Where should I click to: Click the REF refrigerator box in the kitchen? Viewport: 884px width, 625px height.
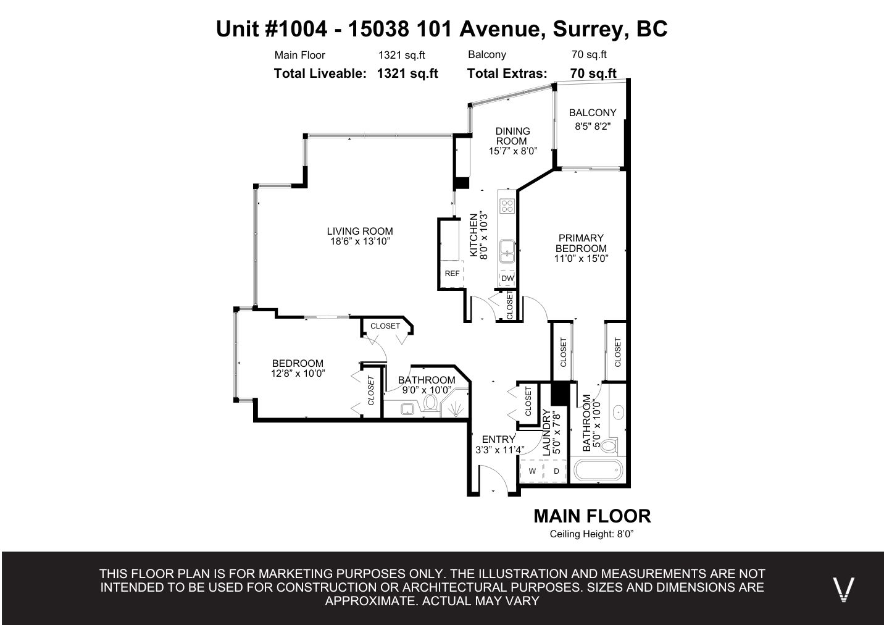(452, 273)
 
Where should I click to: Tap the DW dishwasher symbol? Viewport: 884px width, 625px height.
(507, 278)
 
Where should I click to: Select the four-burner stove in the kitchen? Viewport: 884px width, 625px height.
(507, 206)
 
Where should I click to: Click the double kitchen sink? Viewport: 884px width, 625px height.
(507, 251)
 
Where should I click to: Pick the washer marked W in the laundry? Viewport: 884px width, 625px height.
(532, 471)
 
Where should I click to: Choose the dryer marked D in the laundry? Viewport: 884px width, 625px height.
(556, 471)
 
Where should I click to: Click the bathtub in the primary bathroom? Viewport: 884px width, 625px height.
(598, 470)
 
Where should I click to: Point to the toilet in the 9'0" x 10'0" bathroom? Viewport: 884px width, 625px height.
(430, 403)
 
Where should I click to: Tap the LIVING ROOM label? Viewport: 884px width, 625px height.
(360, 231)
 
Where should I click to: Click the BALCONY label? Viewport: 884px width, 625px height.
(593, 112)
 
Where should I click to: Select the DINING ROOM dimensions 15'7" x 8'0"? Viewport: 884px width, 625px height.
(512, 151)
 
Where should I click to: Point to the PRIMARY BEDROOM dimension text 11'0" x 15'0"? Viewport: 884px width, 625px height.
(581, 258)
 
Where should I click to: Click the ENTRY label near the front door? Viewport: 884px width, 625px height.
(498, 439)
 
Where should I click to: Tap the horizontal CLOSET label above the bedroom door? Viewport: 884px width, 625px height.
(385, 325)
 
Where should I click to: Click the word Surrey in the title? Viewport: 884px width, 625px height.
(588, 28)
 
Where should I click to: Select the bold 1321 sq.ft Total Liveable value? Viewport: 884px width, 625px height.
(407, 73)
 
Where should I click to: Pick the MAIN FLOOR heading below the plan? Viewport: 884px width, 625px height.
(592, 516)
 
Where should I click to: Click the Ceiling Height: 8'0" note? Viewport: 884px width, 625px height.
(591, 534)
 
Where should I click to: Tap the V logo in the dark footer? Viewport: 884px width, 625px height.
(843, 589)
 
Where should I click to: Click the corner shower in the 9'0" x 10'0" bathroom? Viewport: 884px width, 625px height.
(455, 403)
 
